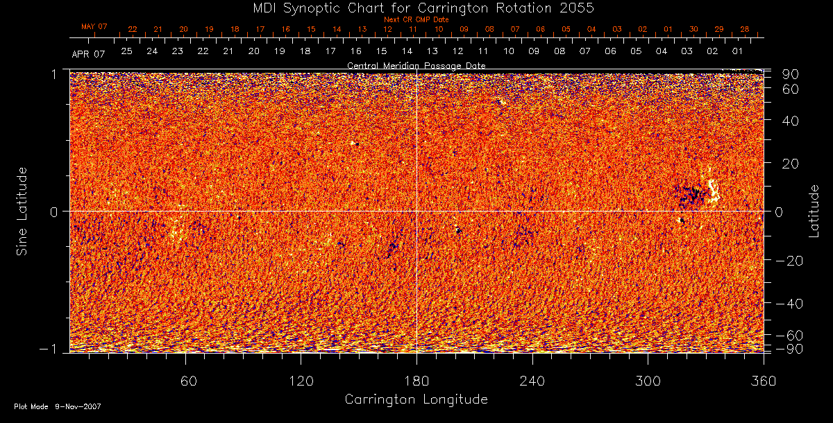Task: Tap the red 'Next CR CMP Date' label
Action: tap(416, 20)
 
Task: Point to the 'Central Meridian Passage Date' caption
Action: tap(416, 65)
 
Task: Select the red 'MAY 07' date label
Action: tap(94, 27)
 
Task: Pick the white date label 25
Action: tap(126, 51)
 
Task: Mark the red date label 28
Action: tap(744, 29)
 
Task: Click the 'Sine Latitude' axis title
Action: tap(22, 210)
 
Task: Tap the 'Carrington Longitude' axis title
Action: tap(416, 399)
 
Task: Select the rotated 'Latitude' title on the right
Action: tap(815, 210)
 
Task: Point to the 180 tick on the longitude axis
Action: tap(416, 381)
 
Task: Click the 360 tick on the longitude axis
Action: tap(762, 381)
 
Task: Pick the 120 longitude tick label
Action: tap(301, 381)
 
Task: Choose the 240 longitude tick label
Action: tap(532, 381)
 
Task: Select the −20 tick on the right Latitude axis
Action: tap(785, 261)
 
